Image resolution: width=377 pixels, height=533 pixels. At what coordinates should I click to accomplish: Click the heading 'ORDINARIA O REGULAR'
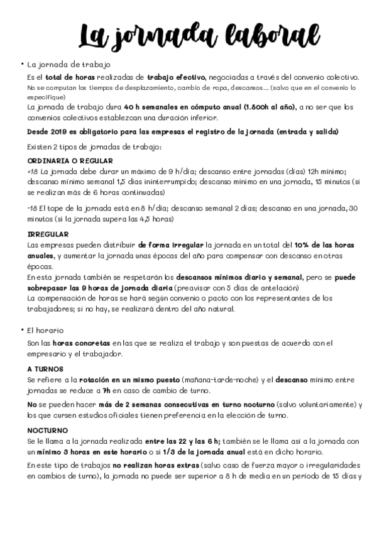[x=61, y=161]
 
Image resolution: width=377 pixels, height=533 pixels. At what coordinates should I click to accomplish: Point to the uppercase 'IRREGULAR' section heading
[x=48, y=234]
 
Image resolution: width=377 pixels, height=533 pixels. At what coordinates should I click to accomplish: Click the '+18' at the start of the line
[x=32, y=171]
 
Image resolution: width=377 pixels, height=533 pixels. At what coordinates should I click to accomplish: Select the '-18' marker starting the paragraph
[x=31, y=208]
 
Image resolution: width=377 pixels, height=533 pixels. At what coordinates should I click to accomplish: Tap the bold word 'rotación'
[x=97, y=380]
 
